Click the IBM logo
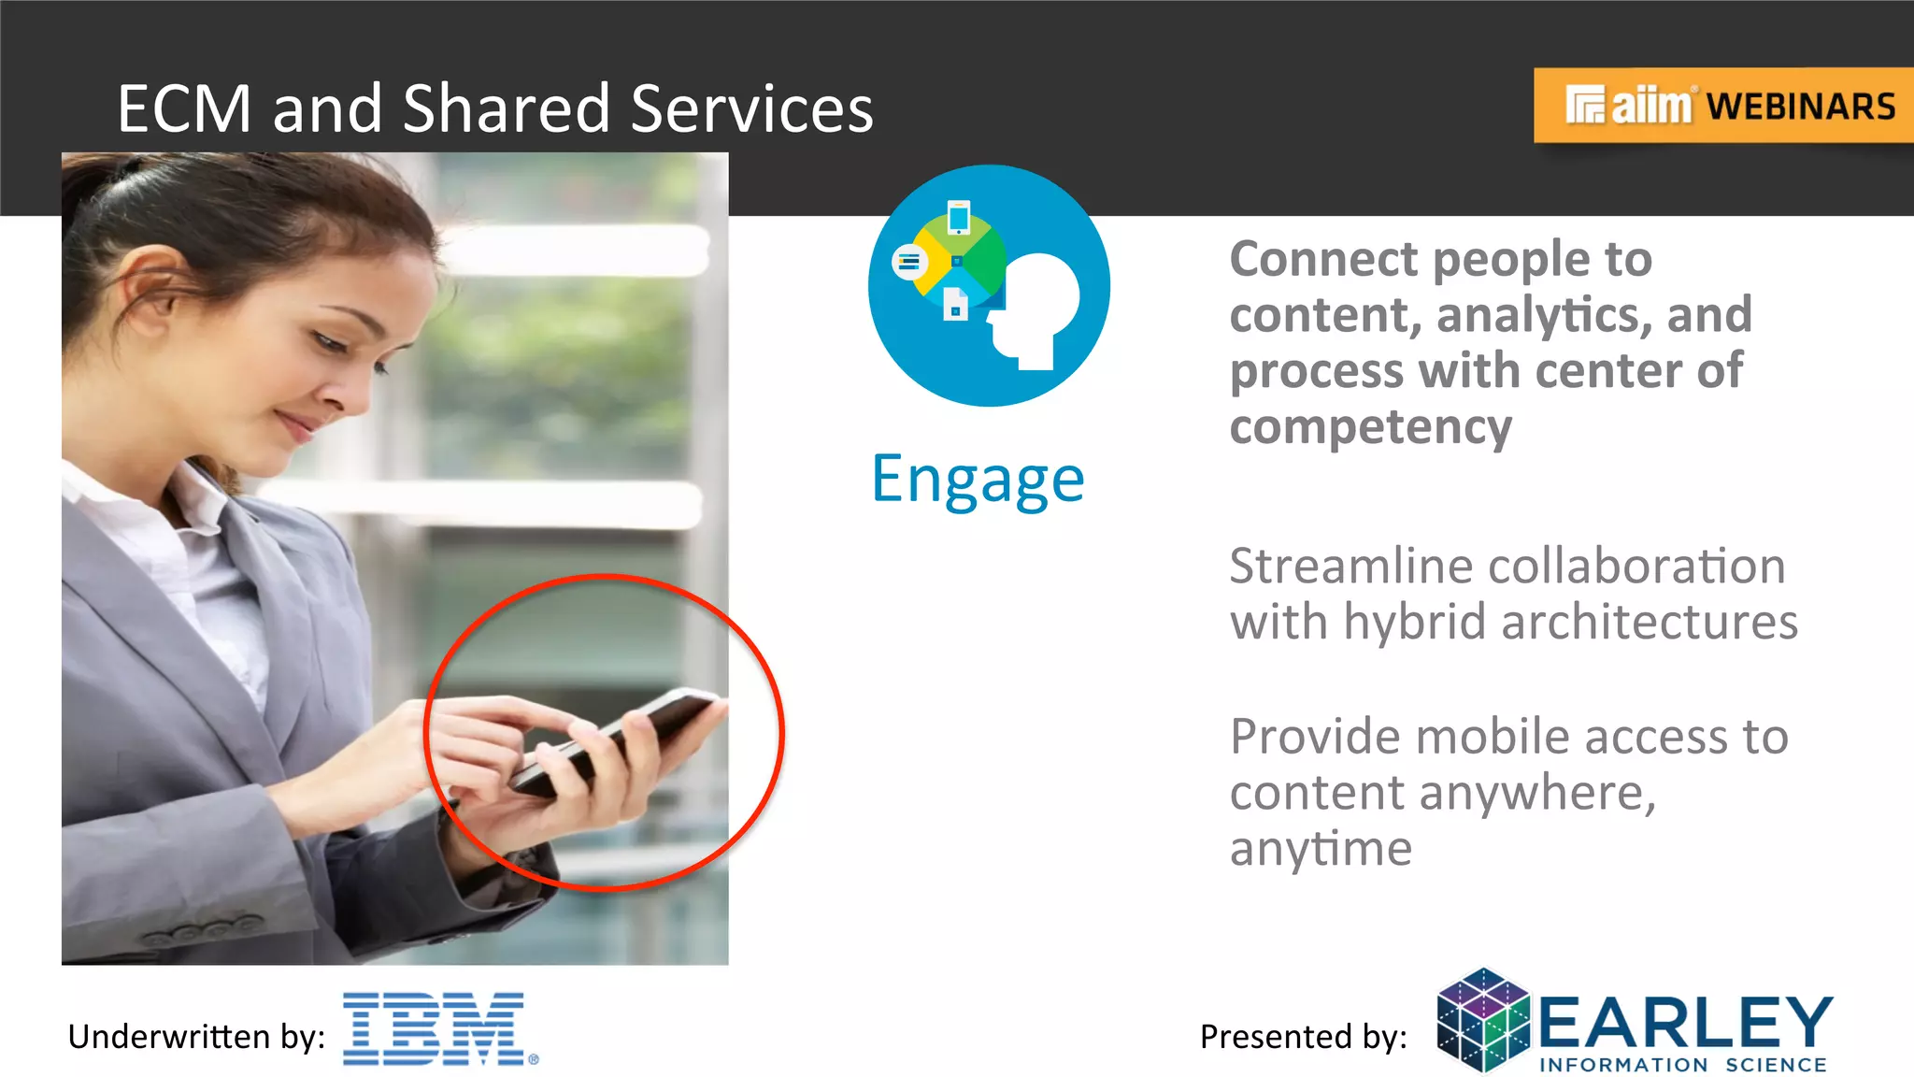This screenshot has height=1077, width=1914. (x=435, y=1028)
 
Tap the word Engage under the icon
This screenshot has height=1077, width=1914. (x=978, y=480)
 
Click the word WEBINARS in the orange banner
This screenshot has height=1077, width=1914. (x=1801, y=107)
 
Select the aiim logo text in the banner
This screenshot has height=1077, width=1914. (x=1650, y=106)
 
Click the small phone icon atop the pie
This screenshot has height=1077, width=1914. (x=958, y=218)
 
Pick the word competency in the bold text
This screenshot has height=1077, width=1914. (x=1370, y=427)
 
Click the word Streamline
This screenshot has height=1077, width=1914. (x=1350, y=567)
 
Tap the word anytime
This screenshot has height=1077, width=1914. (x=1320, y=849)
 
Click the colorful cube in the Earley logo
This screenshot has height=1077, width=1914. (x=1482, y=1020)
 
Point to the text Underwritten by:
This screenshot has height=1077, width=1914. (x=196, y=1037)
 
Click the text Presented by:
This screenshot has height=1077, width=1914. (x=1303, y=1037)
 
